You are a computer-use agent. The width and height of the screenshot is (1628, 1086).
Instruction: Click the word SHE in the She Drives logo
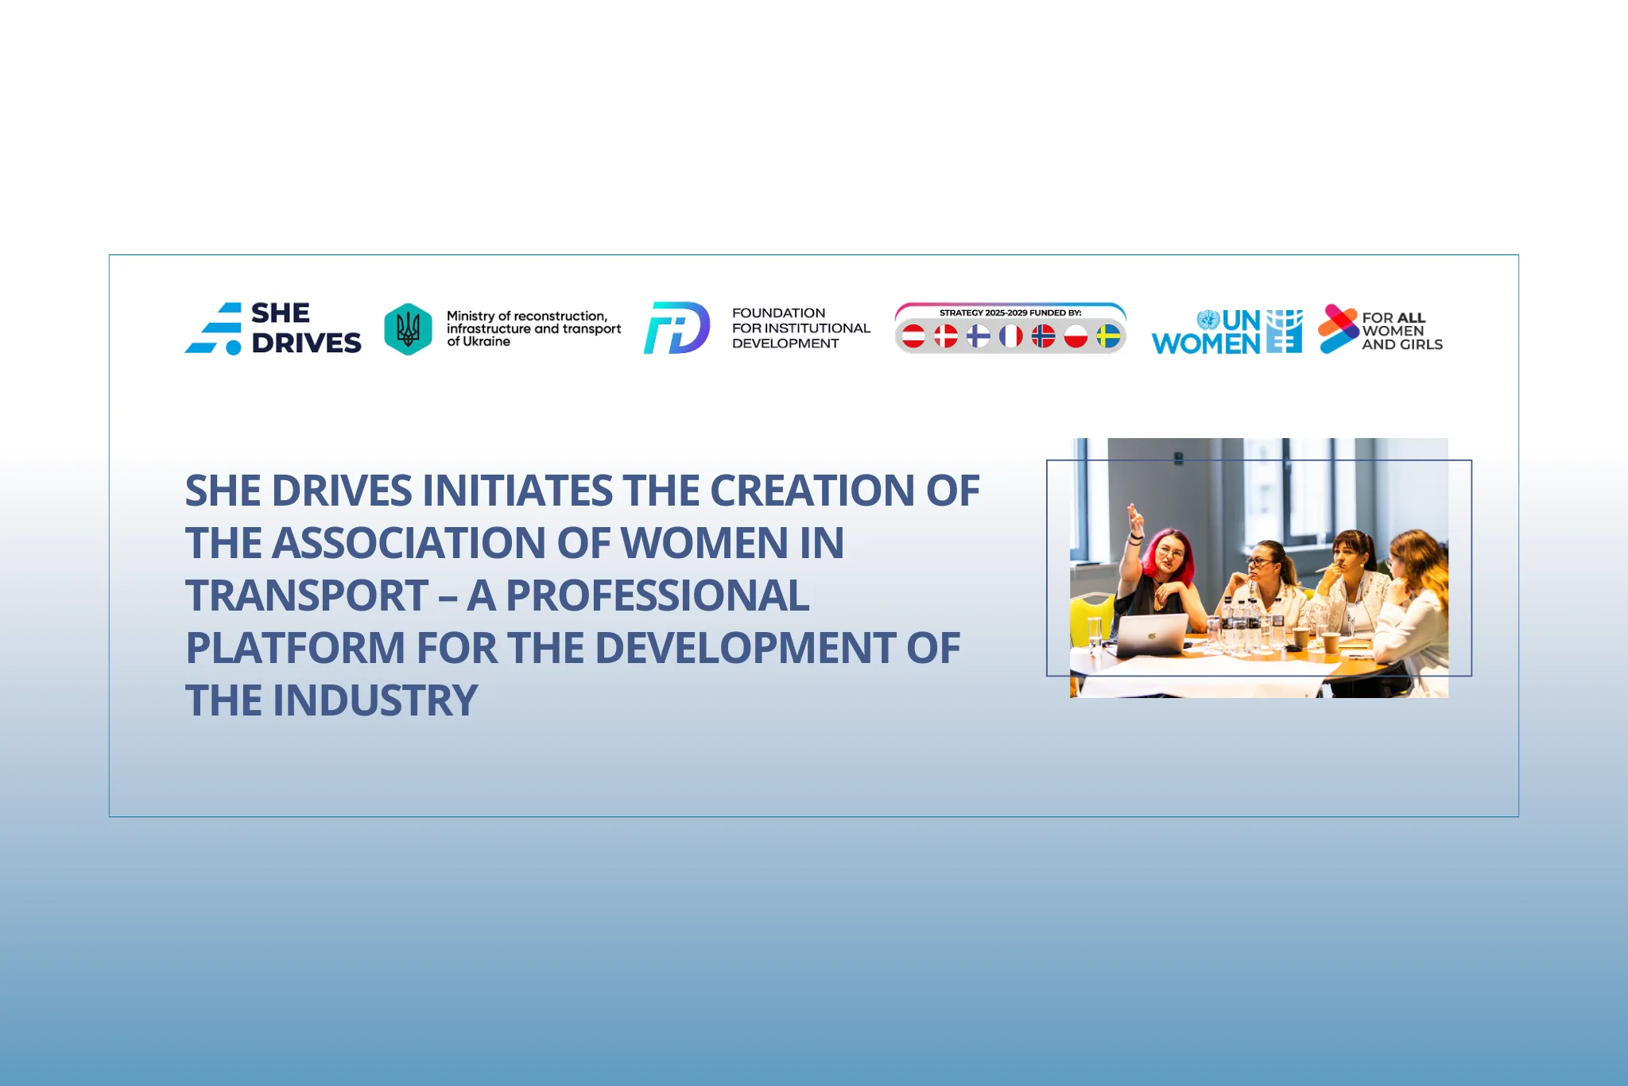(281, 313)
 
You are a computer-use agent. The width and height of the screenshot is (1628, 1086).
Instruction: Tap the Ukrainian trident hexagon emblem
(408, 329)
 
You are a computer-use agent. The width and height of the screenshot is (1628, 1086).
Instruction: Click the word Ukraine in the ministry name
(486, 342)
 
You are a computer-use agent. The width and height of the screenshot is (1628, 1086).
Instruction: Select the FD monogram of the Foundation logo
(676, 328)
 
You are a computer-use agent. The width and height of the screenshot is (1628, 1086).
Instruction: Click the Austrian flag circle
(913, 336)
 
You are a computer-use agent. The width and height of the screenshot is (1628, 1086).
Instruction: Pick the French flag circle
(1010, 336)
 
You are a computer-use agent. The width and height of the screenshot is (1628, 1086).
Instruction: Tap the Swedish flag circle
(1108, 336)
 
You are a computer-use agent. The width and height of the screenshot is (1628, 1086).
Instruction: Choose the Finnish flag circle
(978, 336)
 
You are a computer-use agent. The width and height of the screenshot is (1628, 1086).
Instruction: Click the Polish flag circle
(1076, 336)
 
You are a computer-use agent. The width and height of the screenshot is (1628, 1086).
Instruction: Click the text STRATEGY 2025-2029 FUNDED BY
(1010, 313)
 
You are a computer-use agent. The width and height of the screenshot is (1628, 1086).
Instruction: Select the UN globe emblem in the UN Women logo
(1208, 320)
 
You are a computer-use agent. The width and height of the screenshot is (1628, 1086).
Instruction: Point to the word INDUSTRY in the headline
(375, 701)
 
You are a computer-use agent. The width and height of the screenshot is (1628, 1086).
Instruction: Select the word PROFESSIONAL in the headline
(657, 596)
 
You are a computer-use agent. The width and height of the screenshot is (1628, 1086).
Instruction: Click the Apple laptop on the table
(1151, 635)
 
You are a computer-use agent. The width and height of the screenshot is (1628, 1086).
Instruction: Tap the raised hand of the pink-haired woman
(1134, 520)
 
